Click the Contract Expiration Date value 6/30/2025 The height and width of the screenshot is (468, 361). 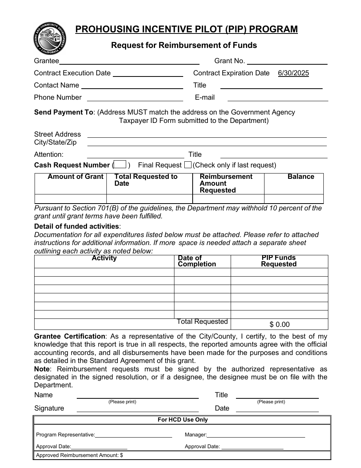pos(293,73)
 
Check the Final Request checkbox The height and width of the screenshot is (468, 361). pos(188,165)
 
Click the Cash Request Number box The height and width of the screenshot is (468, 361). pos(120,165)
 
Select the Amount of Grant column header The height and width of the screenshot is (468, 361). pos(75,177)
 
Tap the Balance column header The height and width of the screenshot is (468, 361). pos(301,177)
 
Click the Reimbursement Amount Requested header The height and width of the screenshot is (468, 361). pos(226,183)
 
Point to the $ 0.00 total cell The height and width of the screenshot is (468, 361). pos(279,325)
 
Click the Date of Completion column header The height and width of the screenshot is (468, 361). pos(196,261)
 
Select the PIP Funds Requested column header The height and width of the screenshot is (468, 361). pos(279,261)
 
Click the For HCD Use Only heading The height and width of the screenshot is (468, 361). pos(183,420)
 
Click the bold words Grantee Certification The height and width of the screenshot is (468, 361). pos(70,336)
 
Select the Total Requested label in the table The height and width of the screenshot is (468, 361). pos(202,322)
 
